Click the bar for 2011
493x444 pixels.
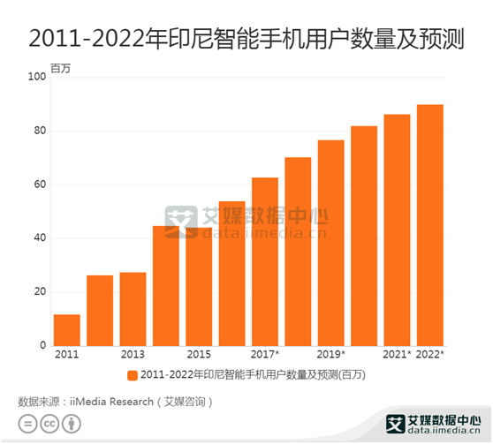(x=66, y=329)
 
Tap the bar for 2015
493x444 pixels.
(x=199, y=286)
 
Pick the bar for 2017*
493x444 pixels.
(x=265, y=261)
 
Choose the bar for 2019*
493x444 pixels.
(x=331, y=243)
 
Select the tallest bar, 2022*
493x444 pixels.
(x=430, y=225)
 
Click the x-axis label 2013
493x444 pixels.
(x=133, y=355)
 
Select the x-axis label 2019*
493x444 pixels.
(x=331, y=355)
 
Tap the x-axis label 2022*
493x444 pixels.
(x=430, y=355)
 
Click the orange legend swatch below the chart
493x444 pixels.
(x=132, y=375)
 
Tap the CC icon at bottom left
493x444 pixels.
(x=51, y=425)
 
